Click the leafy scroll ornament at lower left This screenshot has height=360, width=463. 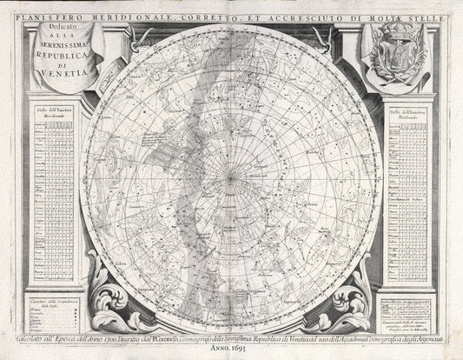[109, 300]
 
